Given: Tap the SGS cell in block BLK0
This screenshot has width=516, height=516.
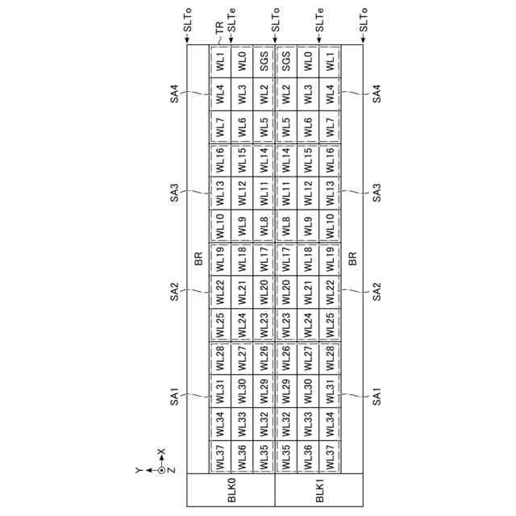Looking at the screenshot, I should pos(264,61).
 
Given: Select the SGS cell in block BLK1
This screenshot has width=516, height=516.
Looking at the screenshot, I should pos(286,61).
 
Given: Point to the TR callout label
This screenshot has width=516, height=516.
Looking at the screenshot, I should pos(218,27).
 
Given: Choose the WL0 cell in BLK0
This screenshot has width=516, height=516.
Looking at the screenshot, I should pos(242,61).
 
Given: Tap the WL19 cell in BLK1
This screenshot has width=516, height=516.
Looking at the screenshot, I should pos(330,259).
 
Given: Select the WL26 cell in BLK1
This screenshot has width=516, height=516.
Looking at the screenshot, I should pos(286,357).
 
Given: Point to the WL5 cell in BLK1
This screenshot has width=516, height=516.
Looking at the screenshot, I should pos(286,127).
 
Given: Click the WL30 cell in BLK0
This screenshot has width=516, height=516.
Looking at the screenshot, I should pos(242,390).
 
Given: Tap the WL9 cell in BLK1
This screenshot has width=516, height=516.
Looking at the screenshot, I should pos(308,226).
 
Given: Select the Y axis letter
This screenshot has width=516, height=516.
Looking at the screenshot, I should pos(139,468).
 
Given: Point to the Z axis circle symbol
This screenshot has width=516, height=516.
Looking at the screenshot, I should pos(160,468).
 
